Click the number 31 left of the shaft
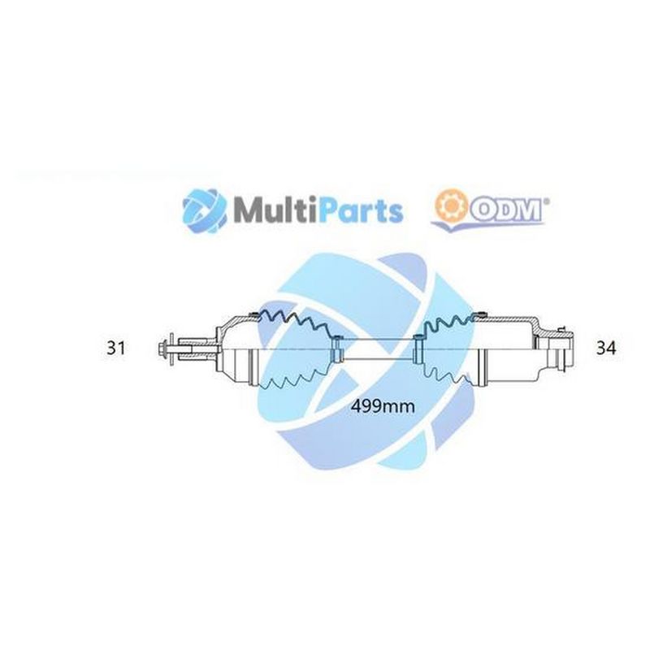tap(116, 348)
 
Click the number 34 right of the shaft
tap(606, 348)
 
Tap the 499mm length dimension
tap(383, 406)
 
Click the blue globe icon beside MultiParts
tap(205, 210)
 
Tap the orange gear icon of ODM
tap(448, 205)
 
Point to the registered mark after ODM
tap(547, 201)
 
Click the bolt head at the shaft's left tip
tap(162, 350)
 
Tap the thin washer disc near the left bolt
tap(171, 350)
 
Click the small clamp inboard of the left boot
tap(336, 350)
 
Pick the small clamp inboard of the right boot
tap(418, 349)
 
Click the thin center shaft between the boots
tap(377, 349)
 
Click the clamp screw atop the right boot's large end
tap(481, 314)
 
